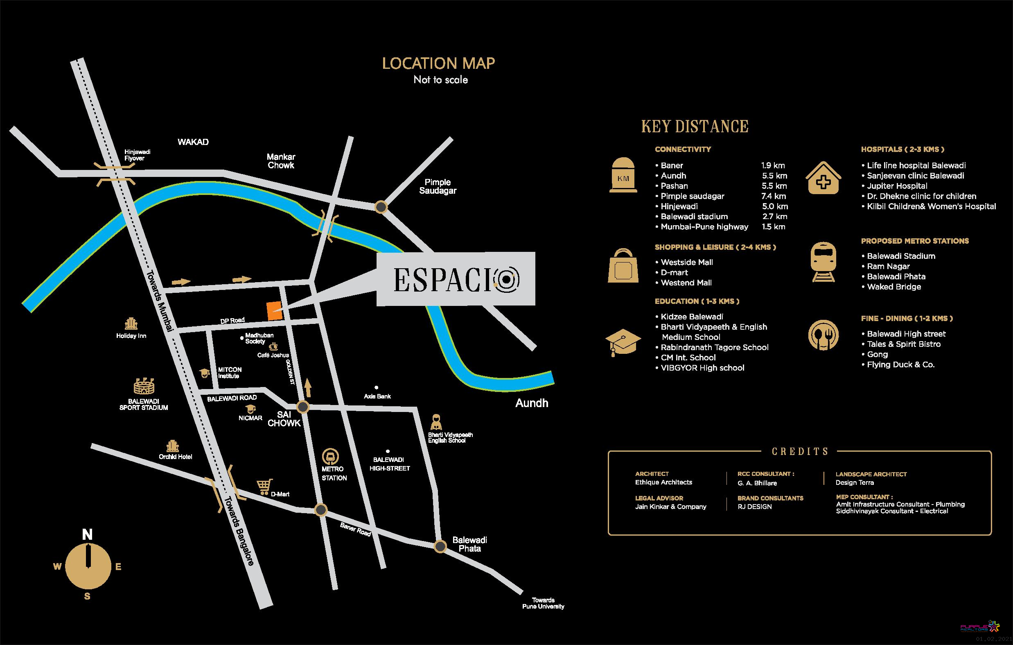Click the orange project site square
coord(275,311)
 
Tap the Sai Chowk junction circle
coord(303,407)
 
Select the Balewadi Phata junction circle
coord(440,546)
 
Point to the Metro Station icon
coord(331,457)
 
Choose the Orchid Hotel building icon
coord(172,446)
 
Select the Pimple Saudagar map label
coord(438,186)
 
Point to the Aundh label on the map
coord(532,403)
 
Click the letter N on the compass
coord(87,534)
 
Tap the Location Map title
coord(438,63)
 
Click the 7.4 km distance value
coord(773,196)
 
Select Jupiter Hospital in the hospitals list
coord(896,186)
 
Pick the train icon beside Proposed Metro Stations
coord(823,261)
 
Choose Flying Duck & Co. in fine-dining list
coord(900,364)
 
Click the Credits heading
coord(800,451)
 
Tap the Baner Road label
coord(356,529)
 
